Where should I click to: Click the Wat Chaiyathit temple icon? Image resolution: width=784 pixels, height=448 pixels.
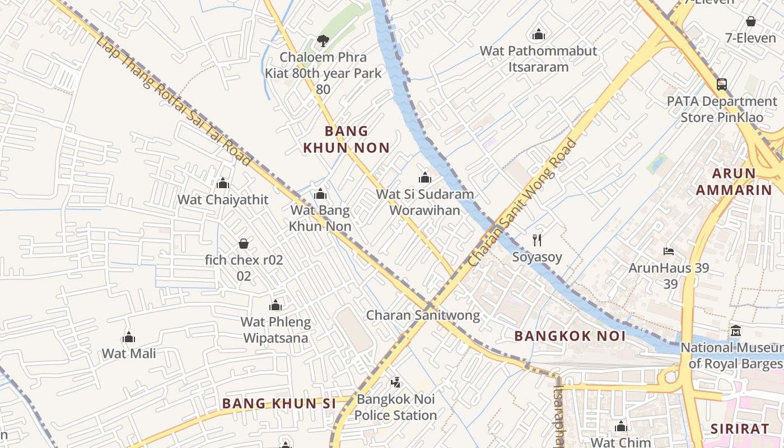point(223,183)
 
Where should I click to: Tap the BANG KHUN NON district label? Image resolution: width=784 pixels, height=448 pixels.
point(346,139)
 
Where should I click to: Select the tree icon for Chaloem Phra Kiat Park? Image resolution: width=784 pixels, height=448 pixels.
point(323,40)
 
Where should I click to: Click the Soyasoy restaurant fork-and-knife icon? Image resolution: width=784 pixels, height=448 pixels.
point(537,240)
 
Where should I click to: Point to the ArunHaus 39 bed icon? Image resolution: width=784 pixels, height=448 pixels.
point(668,251)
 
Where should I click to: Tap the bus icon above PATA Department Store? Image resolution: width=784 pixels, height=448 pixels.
point(722,85)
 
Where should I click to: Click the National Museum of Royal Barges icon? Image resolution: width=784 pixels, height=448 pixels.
point(735,331)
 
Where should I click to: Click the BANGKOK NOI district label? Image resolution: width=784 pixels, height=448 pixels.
point(570,336)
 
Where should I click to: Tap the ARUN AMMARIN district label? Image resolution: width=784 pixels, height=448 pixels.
point(734,181)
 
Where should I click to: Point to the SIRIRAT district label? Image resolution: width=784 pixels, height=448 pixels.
point(739,429)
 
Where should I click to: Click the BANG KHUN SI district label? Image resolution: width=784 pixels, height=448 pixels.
point(279,403)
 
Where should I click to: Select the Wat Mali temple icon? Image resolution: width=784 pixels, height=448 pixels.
point(129,337)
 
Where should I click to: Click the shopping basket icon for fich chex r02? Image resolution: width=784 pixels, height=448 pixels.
point(244,244)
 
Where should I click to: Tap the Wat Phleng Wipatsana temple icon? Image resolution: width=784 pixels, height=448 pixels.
point(275,305)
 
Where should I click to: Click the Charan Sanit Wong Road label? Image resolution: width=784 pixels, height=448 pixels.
point(522,203)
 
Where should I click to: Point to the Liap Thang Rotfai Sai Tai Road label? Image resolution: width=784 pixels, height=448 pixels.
point(174,101)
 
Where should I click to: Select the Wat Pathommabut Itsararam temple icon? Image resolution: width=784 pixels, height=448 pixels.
point(539,34)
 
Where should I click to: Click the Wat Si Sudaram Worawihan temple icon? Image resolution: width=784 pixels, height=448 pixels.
point(424,178)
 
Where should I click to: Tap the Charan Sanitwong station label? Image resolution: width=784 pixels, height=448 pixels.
point(423,315)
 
